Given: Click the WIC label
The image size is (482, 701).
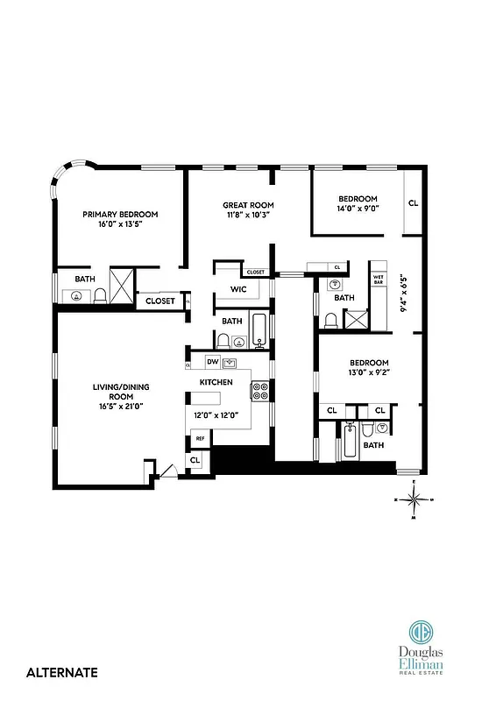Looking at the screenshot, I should coord(237,289).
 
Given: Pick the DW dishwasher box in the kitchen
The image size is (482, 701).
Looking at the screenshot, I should coord(212,362).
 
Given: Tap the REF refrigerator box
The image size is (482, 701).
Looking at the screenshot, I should coord(200,438).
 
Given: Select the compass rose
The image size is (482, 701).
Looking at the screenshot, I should coord(418,500).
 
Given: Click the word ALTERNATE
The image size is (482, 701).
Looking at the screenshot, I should coord(62,673).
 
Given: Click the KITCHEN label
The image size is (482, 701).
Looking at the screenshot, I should coord(216,383).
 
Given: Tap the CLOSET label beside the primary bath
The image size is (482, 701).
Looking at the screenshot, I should coord(160,301).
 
